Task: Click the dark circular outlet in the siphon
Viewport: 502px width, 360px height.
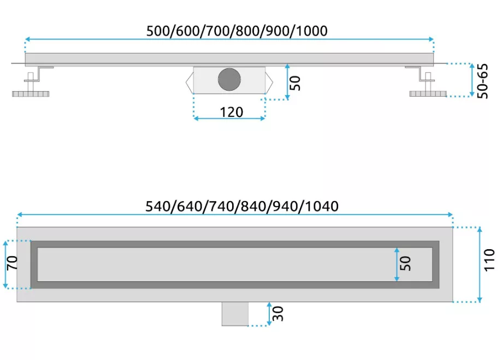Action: click(229, 79)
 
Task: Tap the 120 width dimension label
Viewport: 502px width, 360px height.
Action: click(231, 112)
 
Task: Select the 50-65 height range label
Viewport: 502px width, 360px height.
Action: click(482, 81)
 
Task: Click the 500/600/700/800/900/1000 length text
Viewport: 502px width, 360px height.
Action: click(237, 31)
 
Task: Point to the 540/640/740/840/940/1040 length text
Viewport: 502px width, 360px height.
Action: click(242, 206)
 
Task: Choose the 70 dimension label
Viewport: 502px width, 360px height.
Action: click(12, 263)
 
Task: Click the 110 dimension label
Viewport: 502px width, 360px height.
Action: click(489, 260)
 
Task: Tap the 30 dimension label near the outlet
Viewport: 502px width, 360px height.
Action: click(278, 314)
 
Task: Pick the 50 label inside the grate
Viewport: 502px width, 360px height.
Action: click(405, 263)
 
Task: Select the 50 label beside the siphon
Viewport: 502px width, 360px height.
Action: click(295, 83)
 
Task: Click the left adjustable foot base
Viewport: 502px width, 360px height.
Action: click(31, 94)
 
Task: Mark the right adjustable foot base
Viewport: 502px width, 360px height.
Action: click(428, 93)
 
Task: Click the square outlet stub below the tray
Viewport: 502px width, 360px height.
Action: click(235, 314)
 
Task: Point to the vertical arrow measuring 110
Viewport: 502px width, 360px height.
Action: click(479, 264)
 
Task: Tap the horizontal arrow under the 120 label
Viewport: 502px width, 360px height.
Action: click(229, 119)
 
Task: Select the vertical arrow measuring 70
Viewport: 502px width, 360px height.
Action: click(5, 264)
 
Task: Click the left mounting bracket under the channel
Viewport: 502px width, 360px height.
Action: click(39, 74)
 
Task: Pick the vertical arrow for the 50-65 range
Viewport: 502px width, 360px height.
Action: click(471, 80)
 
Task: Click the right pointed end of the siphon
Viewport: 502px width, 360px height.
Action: click(269, 82)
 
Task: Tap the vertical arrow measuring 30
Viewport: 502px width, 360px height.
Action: click(269, 314)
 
